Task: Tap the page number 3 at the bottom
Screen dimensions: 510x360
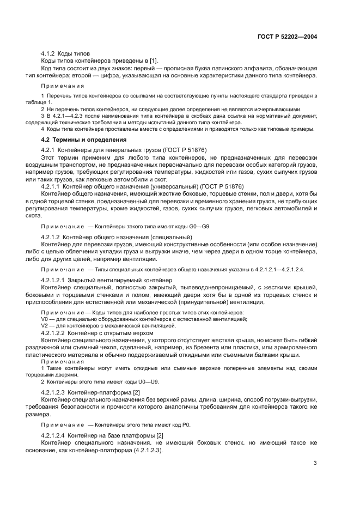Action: (x=315, y=463)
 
